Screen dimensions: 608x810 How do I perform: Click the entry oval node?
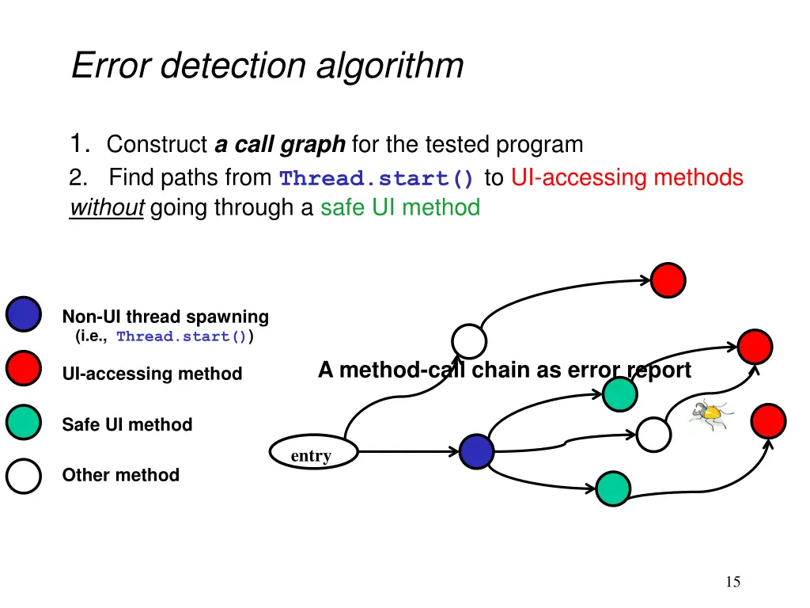coord(312,454)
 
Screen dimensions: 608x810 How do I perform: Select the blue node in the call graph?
coord(477,452)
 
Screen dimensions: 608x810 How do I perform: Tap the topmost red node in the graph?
coord(668,279)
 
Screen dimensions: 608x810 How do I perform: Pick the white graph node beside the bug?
coord(654,435)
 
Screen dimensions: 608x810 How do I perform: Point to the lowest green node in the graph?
coord(613,488)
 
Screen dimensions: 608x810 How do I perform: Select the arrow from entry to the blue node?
coord(407,453)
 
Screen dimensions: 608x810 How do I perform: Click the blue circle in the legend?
coord(24,314)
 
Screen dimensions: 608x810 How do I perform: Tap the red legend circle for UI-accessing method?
coord(24,368)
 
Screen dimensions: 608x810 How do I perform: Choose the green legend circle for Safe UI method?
coord(24,422)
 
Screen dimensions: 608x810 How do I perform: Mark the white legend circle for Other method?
coord(24,477)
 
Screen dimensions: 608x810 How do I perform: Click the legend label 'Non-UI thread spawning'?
coord(165,317)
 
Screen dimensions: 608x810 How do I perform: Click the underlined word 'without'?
coord(106,208)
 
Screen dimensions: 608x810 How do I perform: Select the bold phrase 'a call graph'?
coord(280,145)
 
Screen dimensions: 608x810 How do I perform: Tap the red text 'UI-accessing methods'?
coord(626,177)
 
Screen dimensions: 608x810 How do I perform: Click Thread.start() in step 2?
coord(377,178)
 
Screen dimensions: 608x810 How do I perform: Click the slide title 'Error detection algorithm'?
coord(267,66)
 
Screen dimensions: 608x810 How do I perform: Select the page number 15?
coord(732,583)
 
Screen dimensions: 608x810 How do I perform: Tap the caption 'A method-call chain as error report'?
coord(504,370)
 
